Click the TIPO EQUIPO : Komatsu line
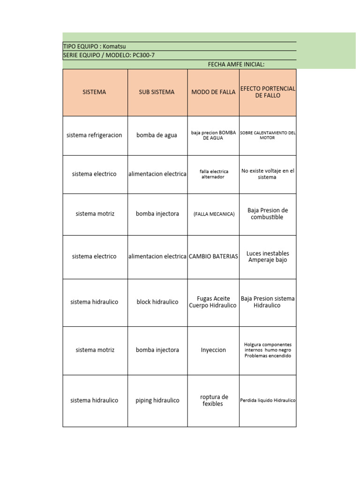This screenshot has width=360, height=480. pyautogui.click(x=95, y=46)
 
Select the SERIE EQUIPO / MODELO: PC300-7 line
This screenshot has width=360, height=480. pyautogui.click(x=109, y=55)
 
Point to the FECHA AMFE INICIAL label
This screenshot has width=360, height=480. pyautogui.click(x=236, y=64)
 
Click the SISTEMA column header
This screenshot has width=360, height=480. pyautogui.click(x=94, y=92)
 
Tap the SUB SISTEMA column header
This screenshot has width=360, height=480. pyautogui.click(x=157, y=92)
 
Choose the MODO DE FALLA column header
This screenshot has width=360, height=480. pyautogui.click(x=213, y=92)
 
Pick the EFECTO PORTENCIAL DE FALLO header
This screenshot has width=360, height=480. pyautogui.click(x=268, y=91)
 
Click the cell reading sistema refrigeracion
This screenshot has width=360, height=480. pyautogui.click(x=94, y=135)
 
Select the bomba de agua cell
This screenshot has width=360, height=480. pyautogui.click(x=157, y=135)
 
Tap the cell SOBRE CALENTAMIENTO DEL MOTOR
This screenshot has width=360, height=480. pyautogui.click(x=268, y=135)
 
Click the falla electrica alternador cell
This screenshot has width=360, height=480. pyautogui.click(x=213, y=174)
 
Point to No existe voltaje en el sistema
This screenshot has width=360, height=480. pyautogui.click(x=268, y=174)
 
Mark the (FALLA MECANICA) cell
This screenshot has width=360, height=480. pyautogui.click(x=214, y=214)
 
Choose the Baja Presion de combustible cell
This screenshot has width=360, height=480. pyautogui.click(x=268, y=213)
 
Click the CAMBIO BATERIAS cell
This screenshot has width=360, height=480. pyautogui.click(x=213, y=256)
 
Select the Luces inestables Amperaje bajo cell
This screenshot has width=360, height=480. pyautogui.click(x=268, y=256)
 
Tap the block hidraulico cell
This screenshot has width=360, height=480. pyautogui.click(x=157, y=302)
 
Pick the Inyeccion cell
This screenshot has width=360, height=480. pyautogui.click(x=213, y=350)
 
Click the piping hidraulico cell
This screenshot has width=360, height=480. pyautogui.click(x=157, y=400)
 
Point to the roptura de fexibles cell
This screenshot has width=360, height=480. pyautogui.click(x=214, y=400)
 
